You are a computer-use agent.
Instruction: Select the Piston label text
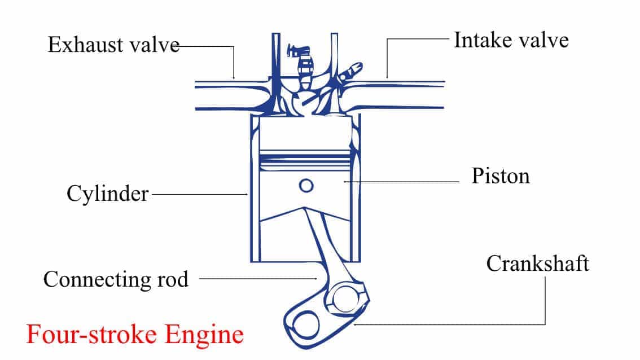pos(501,176)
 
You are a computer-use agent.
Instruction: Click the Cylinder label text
pos(107,194)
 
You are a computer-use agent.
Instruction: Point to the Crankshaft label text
pos(537,264)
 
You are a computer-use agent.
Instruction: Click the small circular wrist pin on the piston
pos(306,185)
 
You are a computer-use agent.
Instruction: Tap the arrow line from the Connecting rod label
pos(257,278)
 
